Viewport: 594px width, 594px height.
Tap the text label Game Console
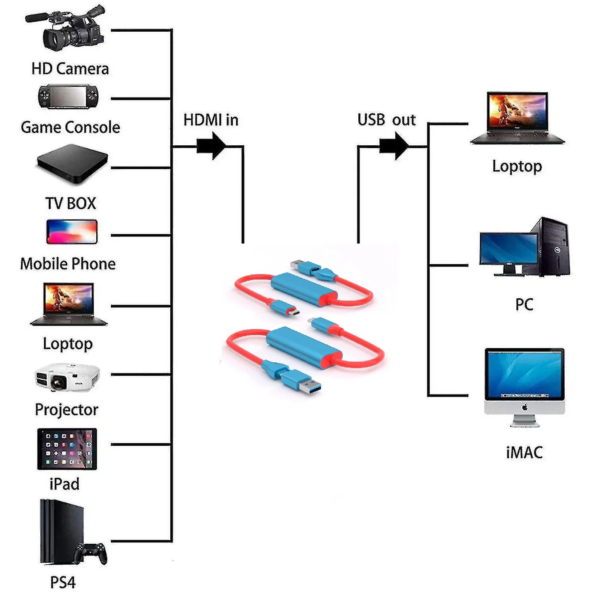tap(70, 128)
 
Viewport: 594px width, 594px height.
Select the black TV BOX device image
tap(72, 164)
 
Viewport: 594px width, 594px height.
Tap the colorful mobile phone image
tap(72, 232)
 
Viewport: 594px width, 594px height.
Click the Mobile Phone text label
tap(68, 264)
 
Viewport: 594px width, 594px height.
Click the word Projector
tap(67, 409)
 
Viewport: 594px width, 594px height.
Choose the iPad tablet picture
tap(67, 449)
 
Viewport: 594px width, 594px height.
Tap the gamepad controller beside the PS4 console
tap(92, 552)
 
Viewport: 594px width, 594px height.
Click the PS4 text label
tap(63, 582)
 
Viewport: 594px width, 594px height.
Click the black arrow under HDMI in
tap(212, 146)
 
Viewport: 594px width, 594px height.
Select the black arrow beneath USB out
tap(394, 146)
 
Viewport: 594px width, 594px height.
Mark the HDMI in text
tap(211, 120)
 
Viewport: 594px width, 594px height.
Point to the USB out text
tap(386, 120)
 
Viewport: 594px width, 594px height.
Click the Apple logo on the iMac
tap(525, 407)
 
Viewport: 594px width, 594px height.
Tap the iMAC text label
tap(524, 452)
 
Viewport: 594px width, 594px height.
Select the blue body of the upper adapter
tap(303, 288)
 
